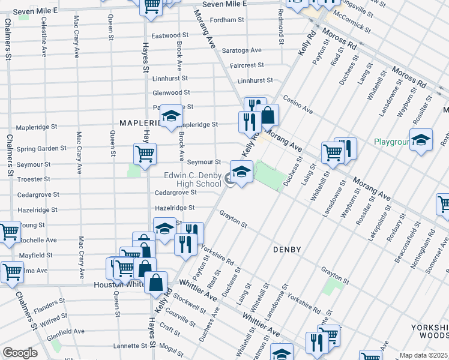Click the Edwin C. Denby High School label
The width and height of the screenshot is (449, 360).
tap(193, 179)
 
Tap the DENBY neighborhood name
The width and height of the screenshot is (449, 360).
tap(287, 248)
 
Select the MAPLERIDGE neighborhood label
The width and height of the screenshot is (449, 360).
tap(139, 122)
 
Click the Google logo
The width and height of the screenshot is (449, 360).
tap(20, 353)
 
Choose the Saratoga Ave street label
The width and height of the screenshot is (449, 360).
tap(242, 50)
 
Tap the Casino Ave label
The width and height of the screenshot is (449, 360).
tap(298, 106)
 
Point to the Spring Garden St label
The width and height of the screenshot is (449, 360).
tap(41, 148)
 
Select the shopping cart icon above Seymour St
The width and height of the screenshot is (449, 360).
tap(145, 154)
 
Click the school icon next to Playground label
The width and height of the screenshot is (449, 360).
tap(421, 140)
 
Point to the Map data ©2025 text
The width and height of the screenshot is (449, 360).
tap(424, 355)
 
